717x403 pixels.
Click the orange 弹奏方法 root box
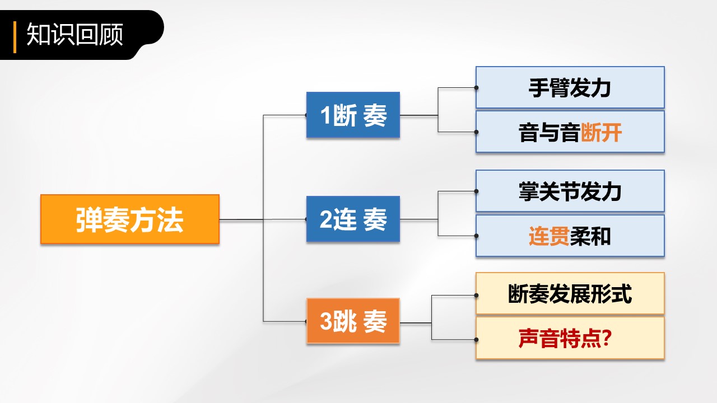tap(129, 219)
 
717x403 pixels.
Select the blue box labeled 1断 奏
tap(353, 115)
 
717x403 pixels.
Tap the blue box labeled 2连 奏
tap(353, 219)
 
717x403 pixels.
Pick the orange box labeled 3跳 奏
tap(353, 321)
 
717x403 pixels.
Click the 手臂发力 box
tap(570, 88)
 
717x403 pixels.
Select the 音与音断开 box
tap(570, 132)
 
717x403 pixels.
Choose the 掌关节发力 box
tap(570, 191)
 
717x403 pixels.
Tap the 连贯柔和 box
tap(570, 236)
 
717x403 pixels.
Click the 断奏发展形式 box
tap(570, 294)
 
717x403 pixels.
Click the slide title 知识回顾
tap(75, 35)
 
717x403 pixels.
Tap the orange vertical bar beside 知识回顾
tap(15, 36)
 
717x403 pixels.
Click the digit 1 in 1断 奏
tap(325, 116)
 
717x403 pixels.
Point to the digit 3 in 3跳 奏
tap(325, 322)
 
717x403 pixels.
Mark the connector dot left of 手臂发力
tap(476, 87)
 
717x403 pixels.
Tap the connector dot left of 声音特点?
tap(476, 339)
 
